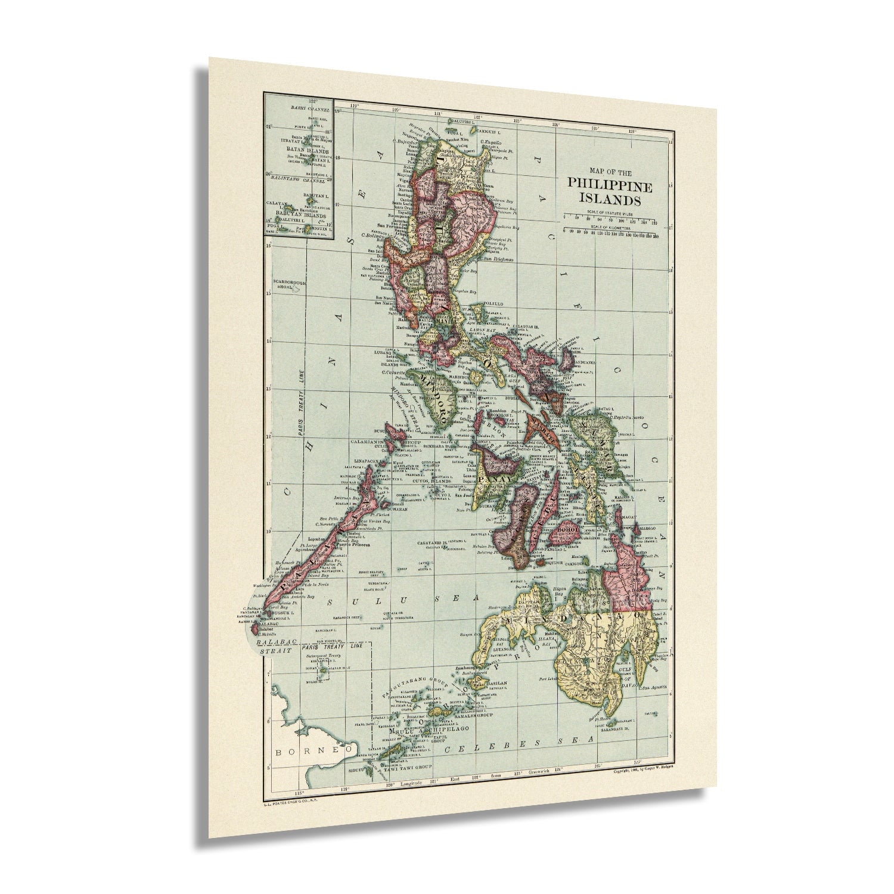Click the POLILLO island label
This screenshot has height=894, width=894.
point(499,304)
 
